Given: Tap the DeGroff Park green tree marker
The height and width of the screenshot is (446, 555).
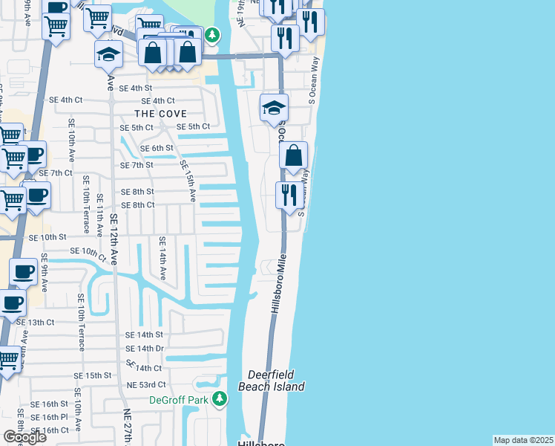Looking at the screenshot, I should [x=219, y=400].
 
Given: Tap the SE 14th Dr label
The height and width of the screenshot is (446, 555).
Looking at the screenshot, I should [x=144, y=348].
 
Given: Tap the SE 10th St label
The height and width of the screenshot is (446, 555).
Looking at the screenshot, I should [x=47, y=237].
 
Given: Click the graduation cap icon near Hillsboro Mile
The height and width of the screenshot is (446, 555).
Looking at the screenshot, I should [x=274, y=108].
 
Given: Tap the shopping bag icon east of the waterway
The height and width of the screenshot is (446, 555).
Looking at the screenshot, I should [x=294, y=156].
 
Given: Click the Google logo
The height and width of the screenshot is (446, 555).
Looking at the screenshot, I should [x=24, y=437].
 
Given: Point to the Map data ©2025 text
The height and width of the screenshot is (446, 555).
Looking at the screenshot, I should [x=524, y=440].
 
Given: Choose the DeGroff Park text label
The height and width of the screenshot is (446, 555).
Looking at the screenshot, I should [x=179, y=400].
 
